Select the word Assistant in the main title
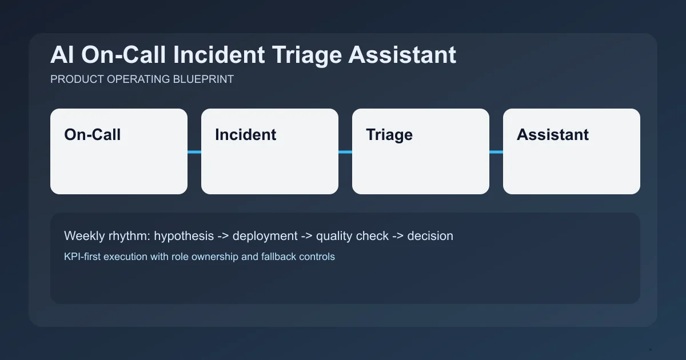[x=402, y=55]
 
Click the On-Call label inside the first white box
[x=93, y=135]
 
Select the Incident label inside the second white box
[x=245, y=135]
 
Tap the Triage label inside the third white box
[x=389, y=135]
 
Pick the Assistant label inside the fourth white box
[x=552, y=135]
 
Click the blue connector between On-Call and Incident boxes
[x=194, y=152]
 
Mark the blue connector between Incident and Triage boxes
[x=345, y=152]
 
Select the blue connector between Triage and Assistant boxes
[x=496, y=152]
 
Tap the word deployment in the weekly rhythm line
[x=265, y=236]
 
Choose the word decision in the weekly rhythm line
[x=430, y=236]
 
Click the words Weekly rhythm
[x=106, y=236]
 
